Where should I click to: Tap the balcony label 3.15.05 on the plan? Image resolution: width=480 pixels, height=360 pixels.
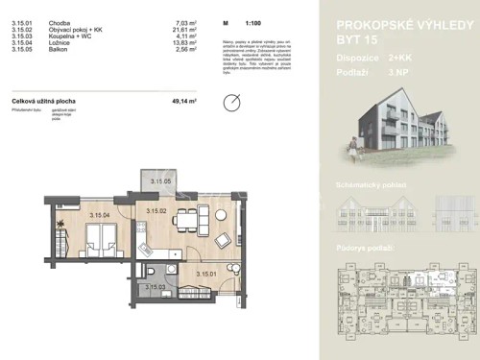coord(158,181)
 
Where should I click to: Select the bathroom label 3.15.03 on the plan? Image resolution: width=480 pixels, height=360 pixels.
coord(155,286)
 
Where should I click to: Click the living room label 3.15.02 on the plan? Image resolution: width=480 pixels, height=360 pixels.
coord(156,210)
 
